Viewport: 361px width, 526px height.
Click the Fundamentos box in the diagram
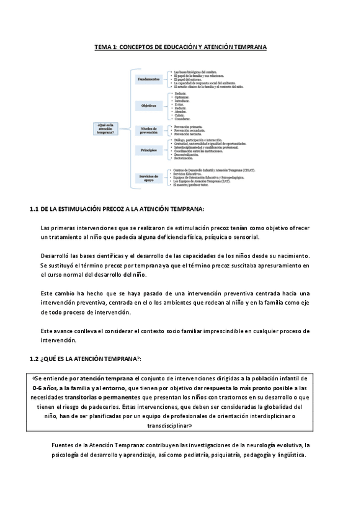tap(149, 80)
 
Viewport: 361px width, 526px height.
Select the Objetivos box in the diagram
tap(149, 106)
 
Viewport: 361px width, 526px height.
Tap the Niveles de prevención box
tap(149, 130)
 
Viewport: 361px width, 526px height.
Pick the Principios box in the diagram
tap(149, 150)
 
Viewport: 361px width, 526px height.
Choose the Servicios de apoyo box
tap(149, 177)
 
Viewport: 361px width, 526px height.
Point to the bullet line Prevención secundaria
tap(193, 130)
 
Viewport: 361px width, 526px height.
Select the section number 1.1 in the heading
tap(35, 209)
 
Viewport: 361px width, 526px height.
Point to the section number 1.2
tap(35, 359)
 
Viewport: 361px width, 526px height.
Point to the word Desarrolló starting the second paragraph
tap(57, 256)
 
